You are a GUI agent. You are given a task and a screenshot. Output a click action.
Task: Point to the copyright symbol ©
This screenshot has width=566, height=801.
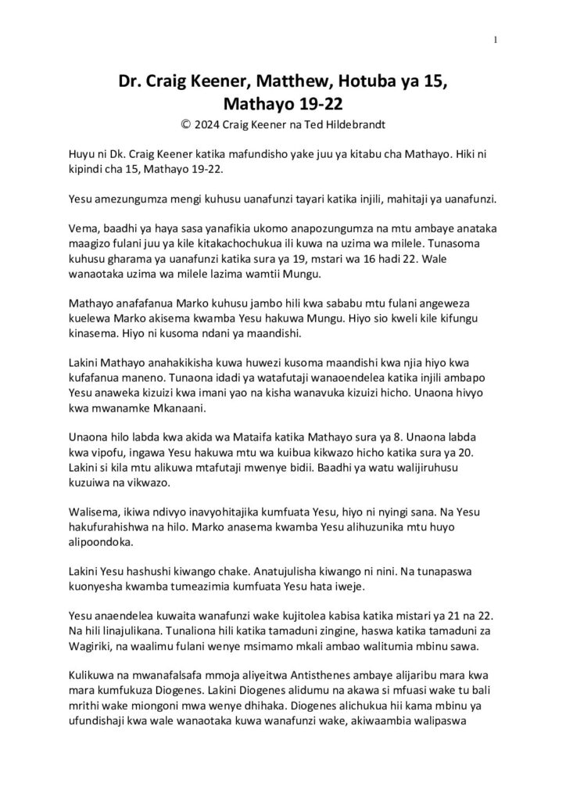[x=184, y=124]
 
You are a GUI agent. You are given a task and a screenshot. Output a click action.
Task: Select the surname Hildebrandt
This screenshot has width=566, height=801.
[x=352, y=124]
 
